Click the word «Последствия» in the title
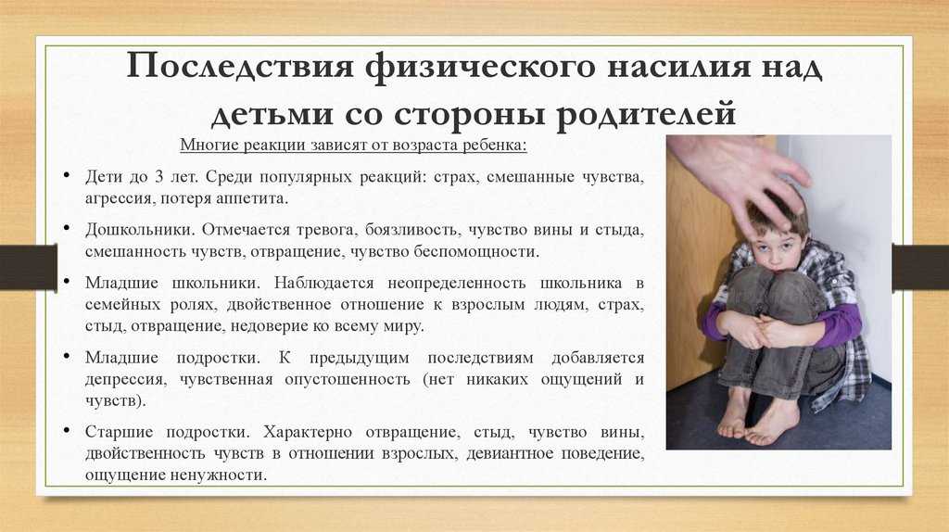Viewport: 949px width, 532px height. (x=240, y=66)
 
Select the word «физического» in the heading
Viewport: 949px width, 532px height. (x=479, y=68)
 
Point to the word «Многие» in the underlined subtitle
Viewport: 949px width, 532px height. (x=210, y=146)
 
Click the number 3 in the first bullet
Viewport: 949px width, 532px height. (x=159, y=177)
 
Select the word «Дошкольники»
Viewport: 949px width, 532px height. (x=140, y=230)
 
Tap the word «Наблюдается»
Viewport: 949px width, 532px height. (x=323, y=284)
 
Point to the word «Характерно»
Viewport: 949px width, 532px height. (x=308, y=432)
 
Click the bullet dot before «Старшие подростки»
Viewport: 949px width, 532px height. (x=66, y=430)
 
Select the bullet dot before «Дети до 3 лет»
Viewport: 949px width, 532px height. (x=66, y=175)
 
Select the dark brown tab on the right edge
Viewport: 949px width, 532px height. (x=920, y=267)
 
